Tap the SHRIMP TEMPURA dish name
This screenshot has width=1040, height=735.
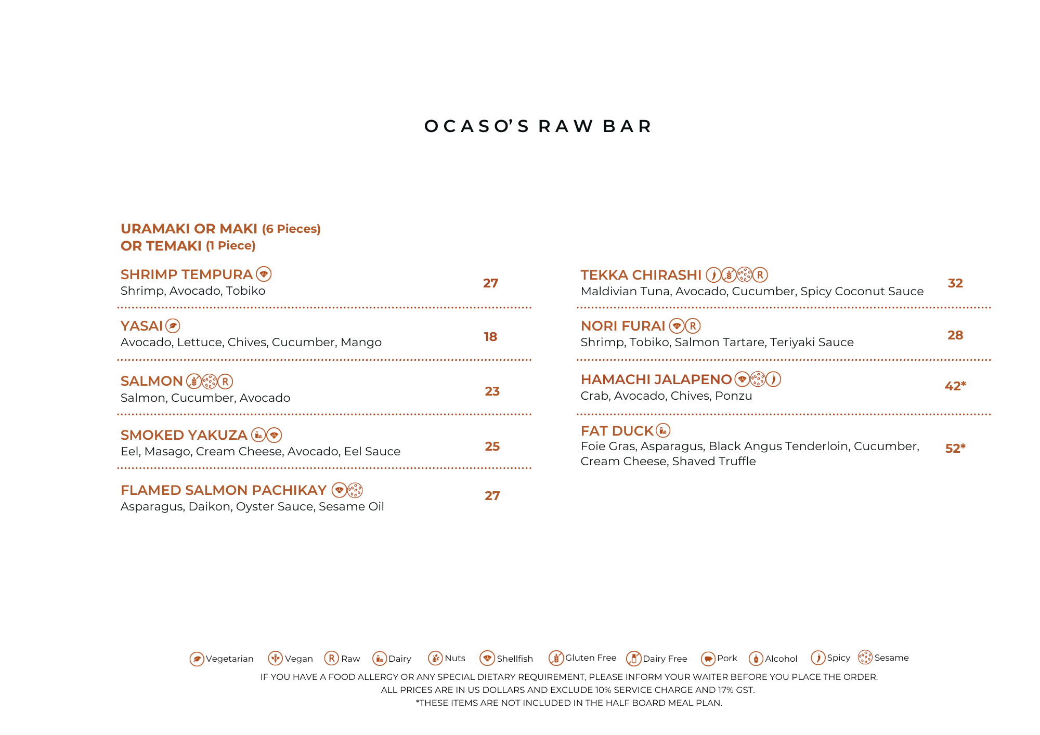point(186,274)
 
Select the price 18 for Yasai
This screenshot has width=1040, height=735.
point(490,337)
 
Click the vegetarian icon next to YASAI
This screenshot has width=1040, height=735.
point(173,326)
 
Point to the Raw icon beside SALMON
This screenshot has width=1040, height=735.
point(225,382)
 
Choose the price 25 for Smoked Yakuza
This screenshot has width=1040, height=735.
point(492,447)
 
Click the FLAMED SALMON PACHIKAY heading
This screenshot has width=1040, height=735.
point(223,490)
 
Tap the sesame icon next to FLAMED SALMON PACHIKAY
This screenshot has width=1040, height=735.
point(355,490)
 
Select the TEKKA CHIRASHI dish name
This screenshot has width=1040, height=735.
point(641,275)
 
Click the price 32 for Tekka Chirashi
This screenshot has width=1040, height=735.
point(955,283)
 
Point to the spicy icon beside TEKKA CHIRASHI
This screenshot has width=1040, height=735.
point(713,274)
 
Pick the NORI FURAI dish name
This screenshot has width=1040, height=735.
point(622,326)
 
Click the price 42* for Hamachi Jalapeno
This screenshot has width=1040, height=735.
point(955,386)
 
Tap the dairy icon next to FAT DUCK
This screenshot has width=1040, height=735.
point(663,430)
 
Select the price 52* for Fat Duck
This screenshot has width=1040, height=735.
point(955,449)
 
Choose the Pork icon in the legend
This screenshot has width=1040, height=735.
point(708,659)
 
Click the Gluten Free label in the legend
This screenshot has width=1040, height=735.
point(591,658)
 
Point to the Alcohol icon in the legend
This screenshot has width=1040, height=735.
point(756,659)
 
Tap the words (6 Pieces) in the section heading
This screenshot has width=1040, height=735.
point(291,229)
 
